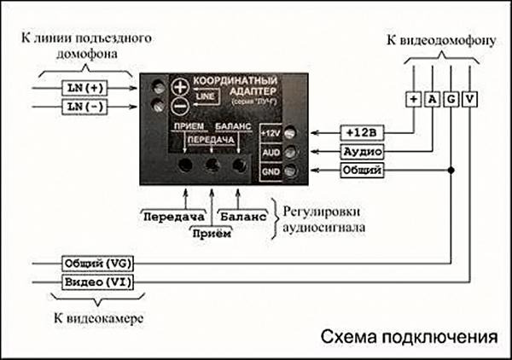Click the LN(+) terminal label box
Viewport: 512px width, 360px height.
[x=84, y=87]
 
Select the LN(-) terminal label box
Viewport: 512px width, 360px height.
[x=84, y=107]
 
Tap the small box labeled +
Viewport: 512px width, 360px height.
[x=413, y=100]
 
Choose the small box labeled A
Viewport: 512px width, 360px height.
[x=432, y=100]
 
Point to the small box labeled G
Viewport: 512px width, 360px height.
[x=451, y=100]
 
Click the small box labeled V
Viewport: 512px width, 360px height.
[x=470, y=100]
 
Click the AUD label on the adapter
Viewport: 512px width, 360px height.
[x=271, y=152]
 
